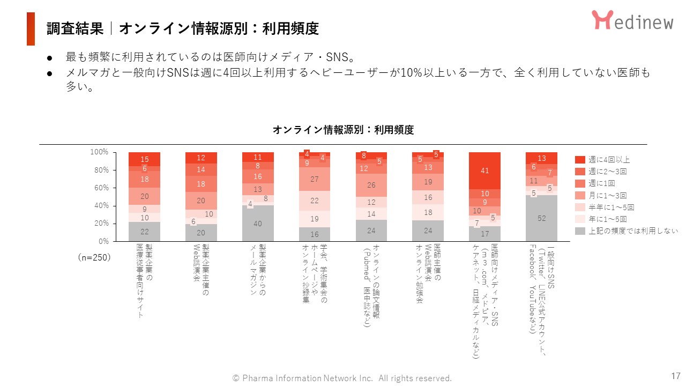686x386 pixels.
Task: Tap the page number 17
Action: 675,375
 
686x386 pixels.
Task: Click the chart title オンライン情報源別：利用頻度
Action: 343,130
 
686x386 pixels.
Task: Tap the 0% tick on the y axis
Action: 103,241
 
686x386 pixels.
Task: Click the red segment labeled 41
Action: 484,171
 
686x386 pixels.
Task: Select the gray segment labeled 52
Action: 541,218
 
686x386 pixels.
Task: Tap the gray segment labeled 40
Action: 258,224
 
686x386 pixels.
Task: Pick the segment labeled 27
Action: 315,180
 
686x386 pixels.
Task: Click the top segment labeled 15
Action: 144,159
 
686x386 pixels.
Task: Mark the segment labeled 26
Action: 371,185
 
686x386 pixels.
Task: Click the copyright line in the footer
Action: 342,378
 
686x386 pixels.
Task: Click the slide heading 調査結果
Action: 74,28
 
